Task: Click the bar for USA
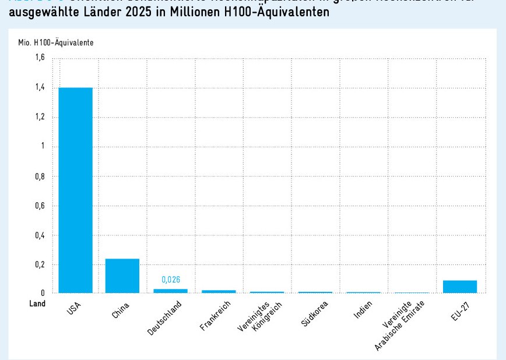(75, 190)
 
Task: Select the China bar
(122, 276)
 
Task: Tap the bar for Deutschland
(170, 290)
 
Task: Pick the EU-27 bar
(460, 287)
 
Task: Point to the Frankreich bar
(219, 291)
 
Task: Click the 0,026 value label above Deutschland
(170, 280)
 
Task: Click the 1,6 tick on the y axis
(40, 58)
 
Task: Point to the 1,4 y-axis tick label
(40, 87)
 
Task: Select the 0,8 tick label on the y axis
(40, 176)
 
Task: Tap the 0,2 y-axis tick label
(40, 264)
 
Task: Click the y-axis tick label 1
(43, 146)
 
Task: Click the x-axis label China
(120, 312)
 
